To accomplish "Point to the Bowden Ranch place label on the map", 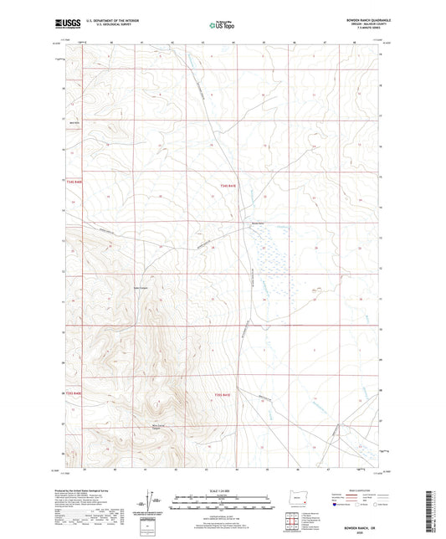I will tap(258, 223).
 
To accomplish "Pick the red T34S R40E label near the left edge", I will tap(74, 192).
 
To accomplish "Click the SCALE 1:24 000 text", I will tap(222, 490).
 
